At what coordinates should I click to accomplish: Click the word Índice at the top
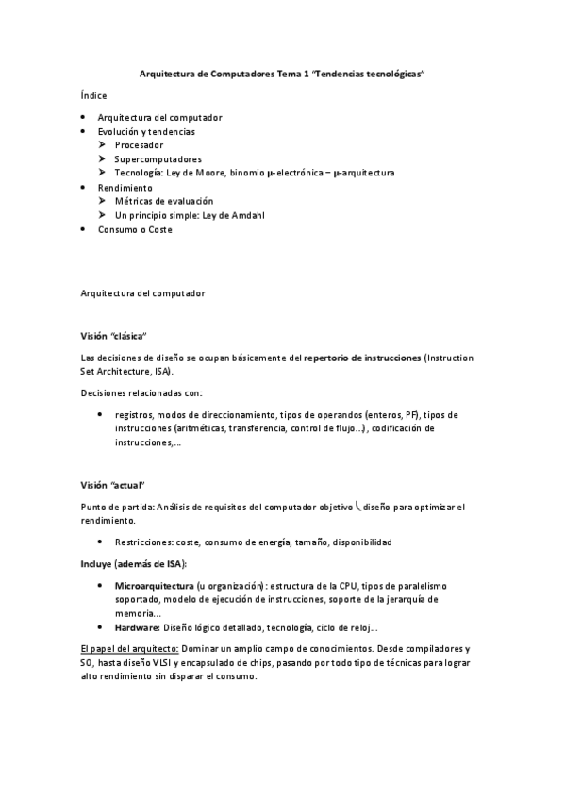pos(94,95)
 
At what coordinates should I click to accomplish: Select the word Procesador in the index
pos(139,145)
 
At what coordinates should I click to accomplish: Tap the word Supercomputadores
pos(158,159)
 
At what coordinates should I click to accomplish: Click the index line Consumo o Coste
pos(135,229)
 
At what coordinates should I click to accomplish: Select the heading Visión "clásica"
pos(115,336)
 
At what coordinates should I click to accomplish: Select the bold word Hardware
pos(136,627)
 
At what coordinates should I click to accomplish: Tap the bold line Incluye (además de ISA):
pos(134,564)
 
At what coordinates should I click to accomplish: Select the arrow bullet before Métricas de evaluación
pos(103,201)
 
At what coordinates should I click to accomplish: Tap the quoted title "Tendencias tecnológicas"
pos(362,73)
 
